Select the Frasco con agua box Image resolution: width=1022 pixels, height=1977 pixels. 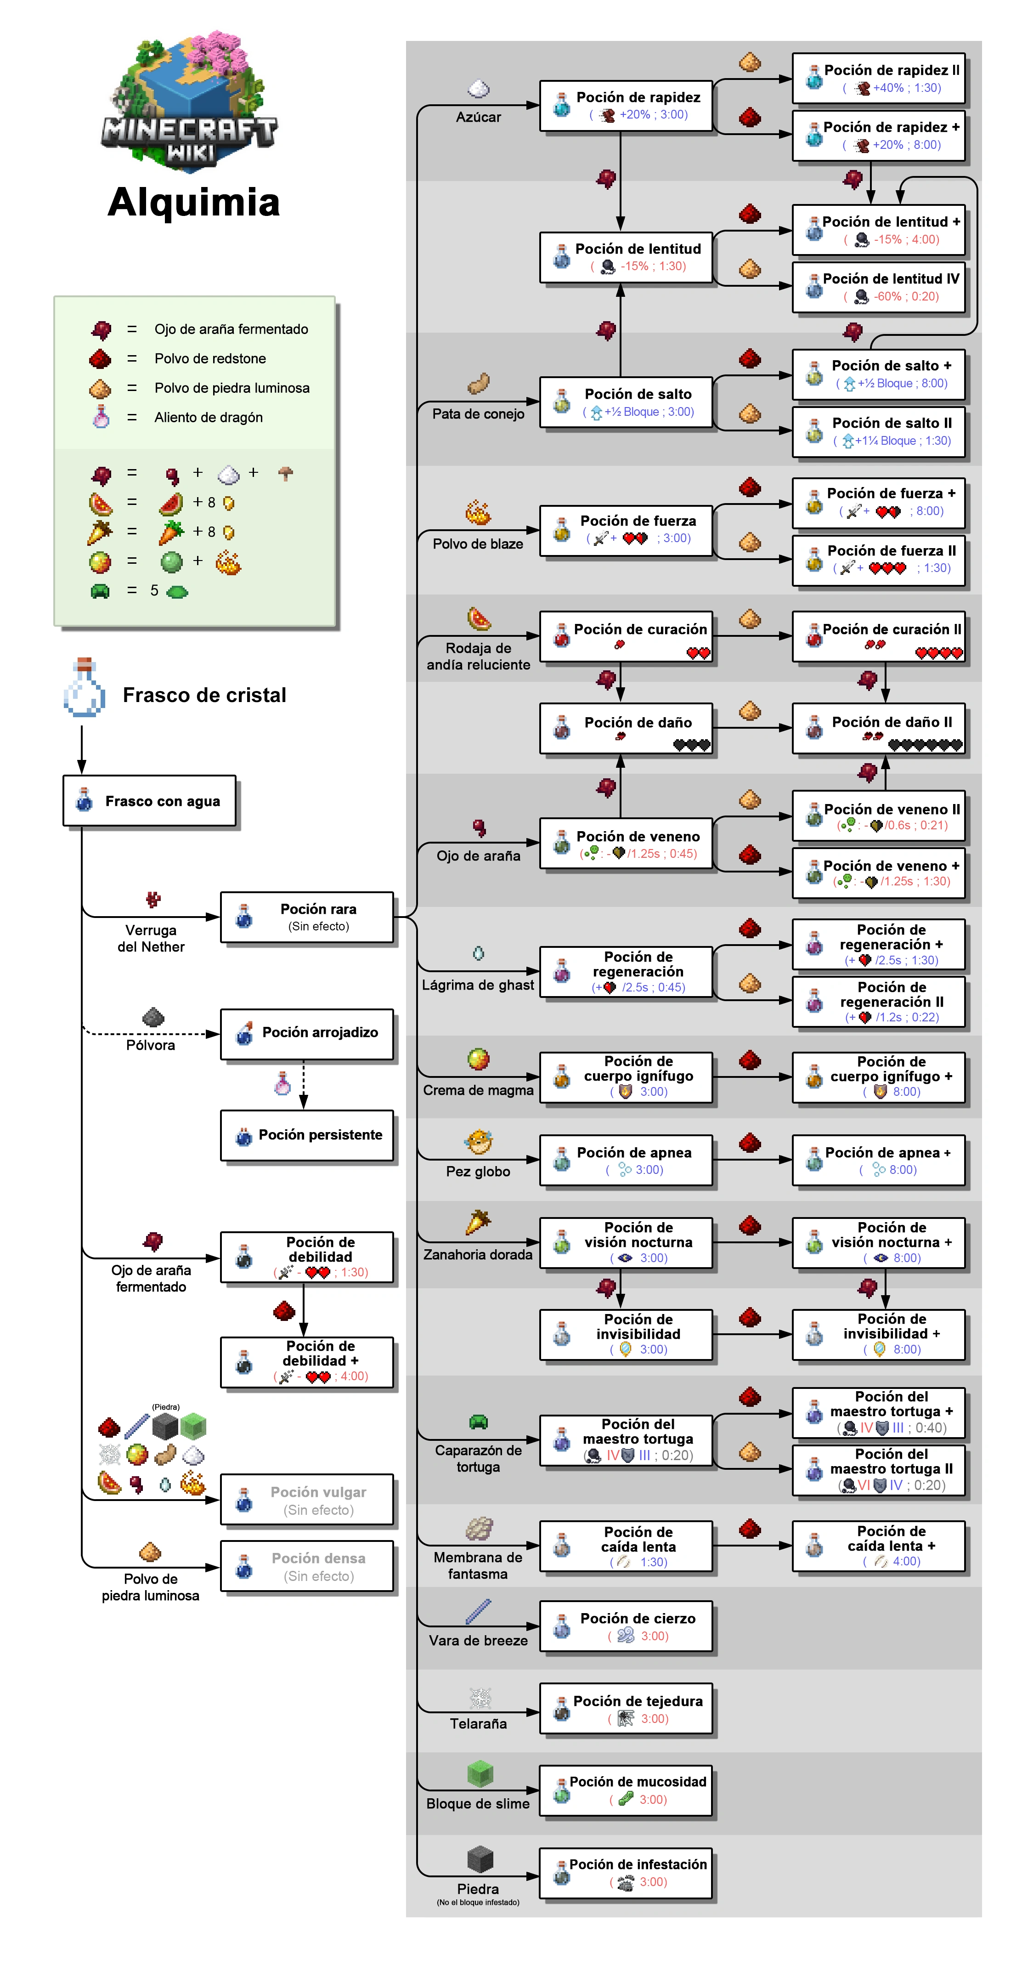[x=150, y=800]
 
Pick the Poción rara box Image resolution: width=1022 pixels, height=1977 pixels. [x=307, y=917]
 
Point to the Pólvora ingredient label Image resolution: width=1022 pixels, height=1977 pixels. [x=150, y=1044]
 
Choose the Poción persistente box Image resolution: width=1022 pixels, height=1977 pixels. [x=307, y=1135]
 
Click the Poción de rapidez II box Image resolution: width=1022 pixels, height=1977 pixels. [x=879, y=78]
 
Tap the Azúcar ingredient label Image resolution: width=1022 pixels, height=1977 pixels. [x=478, y=117]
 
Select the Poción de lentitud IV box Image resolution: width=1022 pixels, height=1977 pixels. [x=879, y=287]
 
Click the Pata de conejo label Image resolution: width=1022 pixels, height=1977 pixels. [x=478, y=414]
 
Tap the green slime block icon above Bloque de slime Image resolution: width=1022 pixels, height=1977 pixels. [x=480, y=1773]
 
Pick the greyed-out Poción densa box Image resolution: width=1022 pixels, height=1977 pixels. [x=307, y=1566]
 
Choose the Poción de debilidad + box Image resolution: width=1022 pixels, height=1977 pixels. [x=307, y=1362]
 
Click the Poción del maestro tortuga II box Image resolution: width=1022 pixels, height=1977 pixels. [x=879, y=1469]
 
